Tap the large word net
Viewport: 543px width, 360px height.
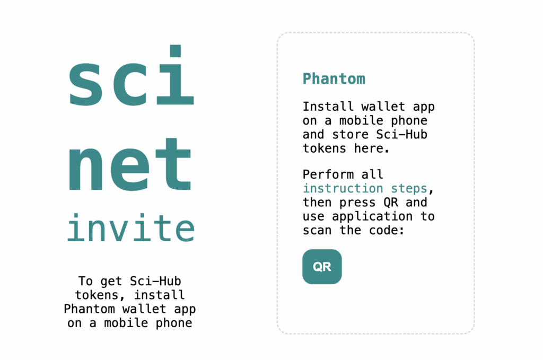tap(130, 165)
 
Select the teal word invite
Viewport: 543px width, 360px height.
tap(130, 227)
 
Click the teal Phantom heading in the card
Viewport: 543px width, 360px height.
tap(334, 79)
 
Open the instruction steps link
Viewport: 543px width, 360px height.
tap(365, 189)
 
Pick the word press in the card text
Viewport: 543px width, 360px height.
tap(357, 203)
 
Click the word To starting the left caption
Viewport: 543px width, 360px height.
tap(85, 281)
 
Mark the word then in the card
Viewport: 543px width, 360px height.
tap(317, 203)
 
